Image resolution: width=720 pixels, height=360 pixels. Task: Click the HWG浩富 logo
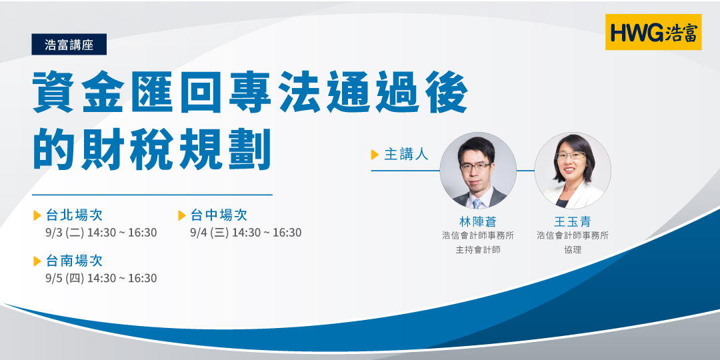click(653, 32)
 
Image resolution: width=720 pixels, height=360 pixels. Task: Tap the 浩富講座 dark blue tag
click(69, 45)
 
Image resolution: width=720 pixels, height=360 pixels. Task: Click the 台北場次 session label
click(74, 215)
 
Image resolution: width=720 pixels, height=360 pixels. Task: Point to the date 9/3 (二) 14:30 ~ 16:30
click(101, 233)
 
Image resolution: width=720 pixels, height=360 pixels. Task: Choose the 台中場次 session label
click(219, 215)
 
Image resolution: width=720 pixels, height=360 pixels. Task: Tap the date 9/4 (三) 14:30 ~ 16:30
click(246, 233)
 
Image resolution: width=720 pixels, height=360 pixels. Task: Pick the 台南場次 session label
click(74, 261)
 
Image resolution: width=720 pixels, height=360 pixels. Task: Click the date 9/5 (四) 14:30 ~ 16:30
click(101, 278)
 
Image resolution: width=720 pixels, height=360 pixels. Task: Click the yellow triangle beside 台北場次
click(37, 215)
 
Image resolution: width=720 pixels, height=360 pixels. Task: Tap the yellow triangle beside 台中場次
click(182, 215)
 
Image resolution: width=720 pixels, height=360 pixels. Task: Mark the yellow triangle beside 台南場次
click(37, 261)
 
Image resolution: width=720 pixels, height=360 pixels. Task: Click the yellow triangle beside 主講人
click(375, 155)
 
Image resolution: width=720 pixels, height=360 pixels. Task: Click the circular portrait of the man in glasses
click(478, 171)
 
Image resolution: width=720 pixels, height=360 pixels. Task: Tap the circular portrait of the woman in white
click(573, 171)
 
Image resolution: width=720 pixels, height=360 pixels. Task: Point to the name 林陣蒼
click(478, 221)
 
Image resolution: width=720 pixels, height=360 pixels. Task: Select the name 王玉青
click(573, 221)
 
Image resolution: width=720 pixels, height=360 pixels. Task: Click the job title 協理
click(573, 250)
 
